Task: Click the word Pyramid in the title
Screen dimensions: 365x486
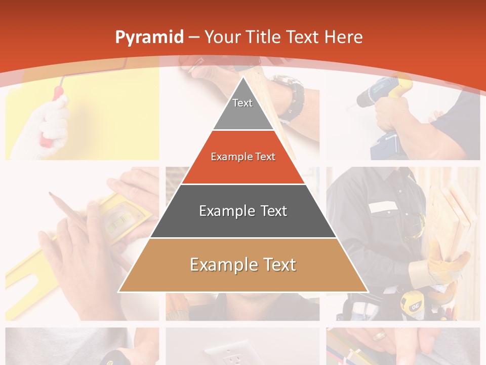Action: coord(149,37)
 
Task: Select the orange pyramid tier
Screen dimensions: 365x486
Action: coord(243,157)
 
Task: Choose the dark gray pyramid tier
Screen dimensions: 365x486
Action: coord(243,211)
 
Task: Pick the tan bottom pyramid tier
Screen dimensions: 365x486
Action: coord(243,265)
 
